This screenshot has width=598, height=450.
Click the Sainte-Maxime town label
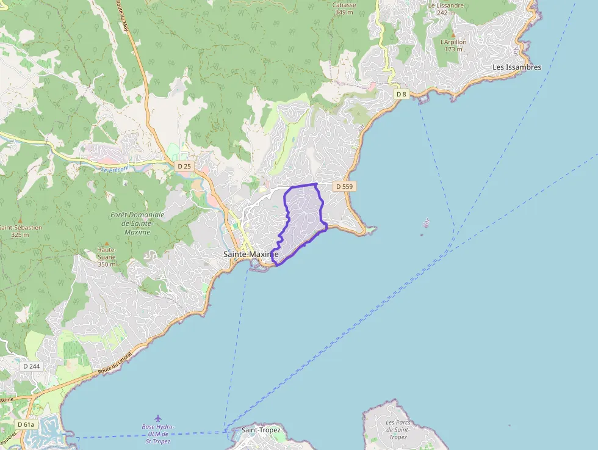point(251,254)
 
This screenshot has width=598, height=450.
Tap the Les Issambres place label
point(517,67)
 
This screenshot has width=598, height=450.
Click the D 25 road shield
point(184,166)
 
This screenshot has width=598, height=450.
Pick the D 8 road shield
point(401,94)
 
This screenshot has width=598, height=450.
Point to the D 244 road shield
point(31,366)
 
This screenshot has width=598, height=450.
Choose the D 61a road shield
point(26,424)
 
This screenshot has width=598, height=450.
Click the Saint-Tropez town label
point(261,430)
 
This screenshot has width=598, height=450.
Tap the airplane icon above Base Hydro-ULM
point(159,418)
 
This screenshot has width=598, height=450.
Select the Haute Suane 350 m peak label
point(106,257)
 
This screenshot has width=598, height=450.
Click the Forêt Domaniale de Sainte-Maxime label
point(137,223)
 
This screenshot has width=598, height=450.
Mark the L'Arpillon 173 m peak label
point(453,45)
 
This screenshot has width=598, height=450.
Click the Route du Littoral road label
point(116,365)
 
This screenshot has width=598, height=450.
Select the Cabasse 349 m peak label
point(345,8)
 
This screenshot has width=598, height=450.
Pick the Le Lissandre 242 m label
point(446,9)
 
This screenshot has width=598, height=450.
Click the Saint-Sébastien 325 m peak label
point(20,231)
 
